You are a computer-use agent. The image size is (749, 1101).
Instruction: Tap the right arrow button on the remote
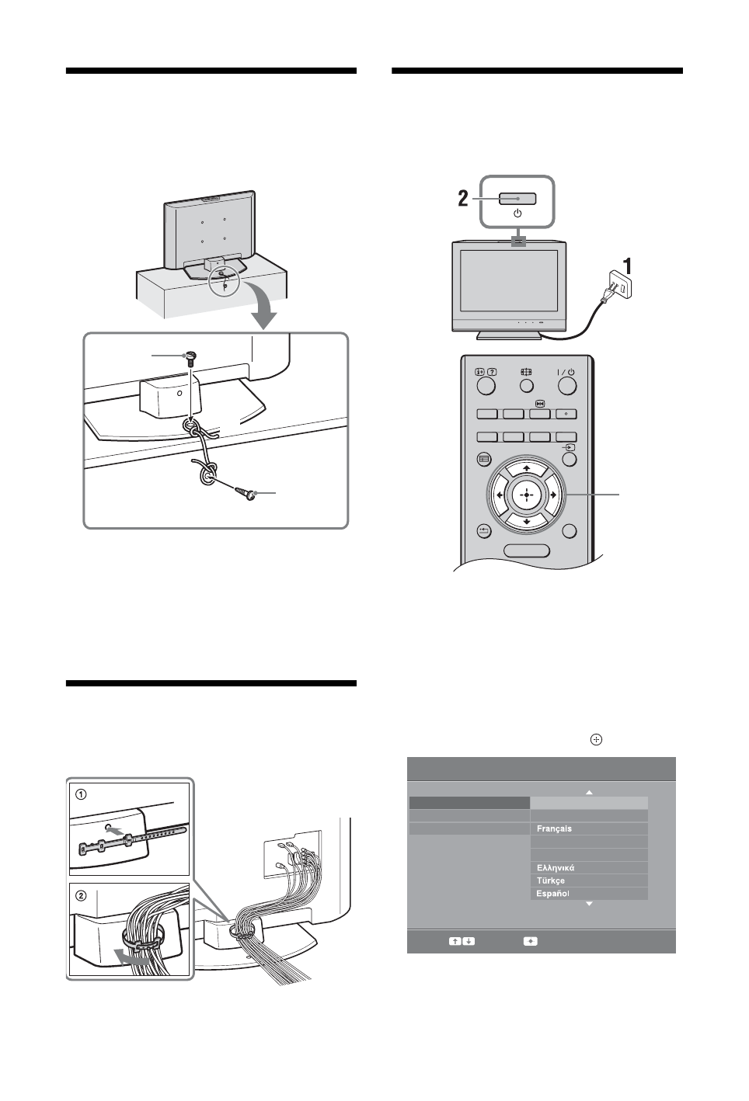(x=552, y=495)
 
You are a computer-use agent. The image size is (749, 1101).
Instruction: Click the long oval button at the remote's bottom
(x=527, y=550)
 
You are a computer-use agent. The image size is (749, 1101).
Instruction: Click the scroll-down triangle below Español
(x=588, y=905)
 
